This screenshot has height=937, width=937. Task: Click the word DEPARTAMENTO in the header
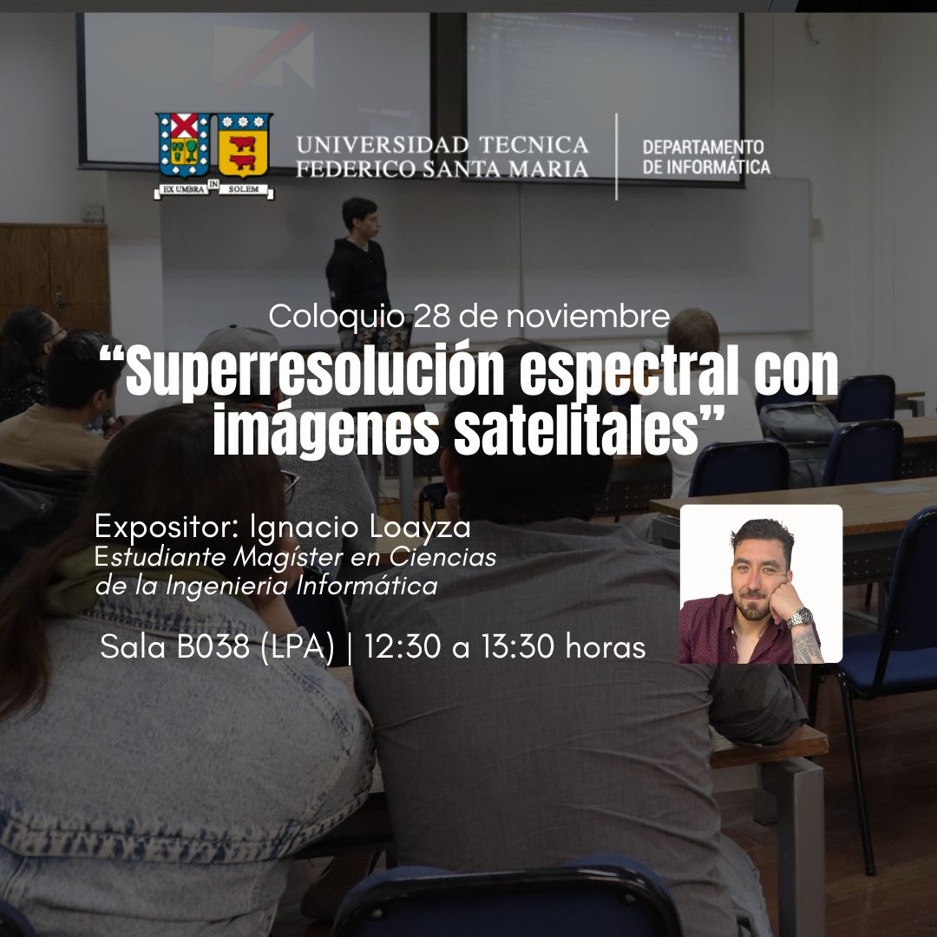703,147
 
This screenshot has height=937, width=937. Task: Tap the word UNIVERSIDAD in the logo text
383,145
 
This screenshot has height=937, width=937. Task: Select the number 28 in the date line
431,316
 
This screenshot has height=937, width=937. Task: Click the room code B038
213,646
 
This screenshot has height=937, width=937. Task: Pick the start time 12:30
403,646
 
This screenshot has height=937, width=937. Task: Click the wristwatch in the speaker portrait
800,618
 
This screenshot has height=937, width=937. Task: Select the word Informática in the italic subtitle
367,586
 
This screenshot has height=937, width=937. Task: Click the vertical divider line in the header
616,156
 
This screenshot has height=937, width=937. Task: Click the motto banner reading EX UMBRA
181,189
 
